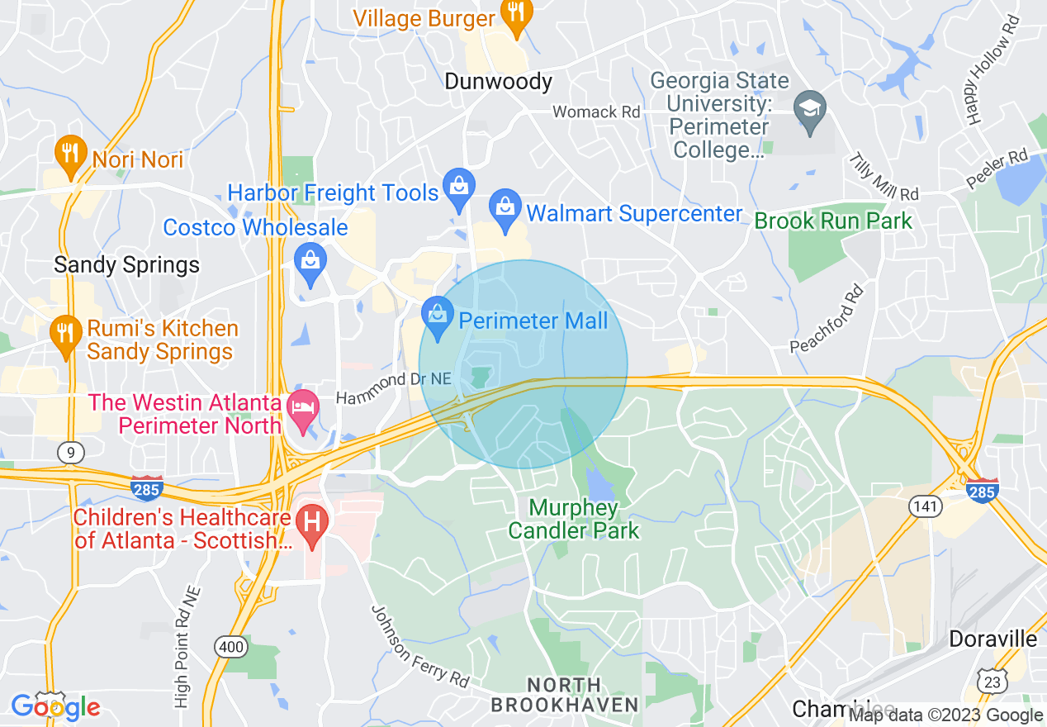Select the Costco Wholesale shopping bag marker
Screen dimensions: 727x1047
click(x=310, y=261)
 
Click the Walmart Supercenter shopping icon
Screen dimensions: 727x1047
click(x=505, y=208)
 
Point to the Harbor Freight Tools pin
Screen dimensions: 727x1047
click(x=457, y=188)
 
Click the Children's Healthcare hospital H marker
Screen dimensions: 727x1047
click(x=313, y=524)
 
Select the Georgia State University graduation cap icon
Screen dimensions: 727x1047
click(x=810, y=109)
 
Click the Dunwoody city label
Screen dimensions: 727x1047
click(x=498, y=81)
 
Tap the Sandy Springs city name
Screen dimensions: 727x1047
click(x=126, y=264)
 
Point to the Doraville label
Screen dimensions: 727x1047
click(x=993, y=639)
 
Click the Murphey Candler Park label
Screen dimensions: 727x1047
click(x=573, y=519)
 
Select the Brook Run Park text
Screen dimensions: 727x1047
click(x=833, y=221)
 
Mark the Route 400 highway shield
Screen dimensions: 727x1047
click(x=230, y=647)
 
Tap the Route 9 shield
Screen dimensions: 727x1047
click(x=71, y=452)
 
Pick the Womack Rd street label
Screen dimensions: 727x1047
click(x=596, y=112)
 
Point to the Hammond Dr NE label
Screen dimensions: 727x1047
click(x=395, y=385)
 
